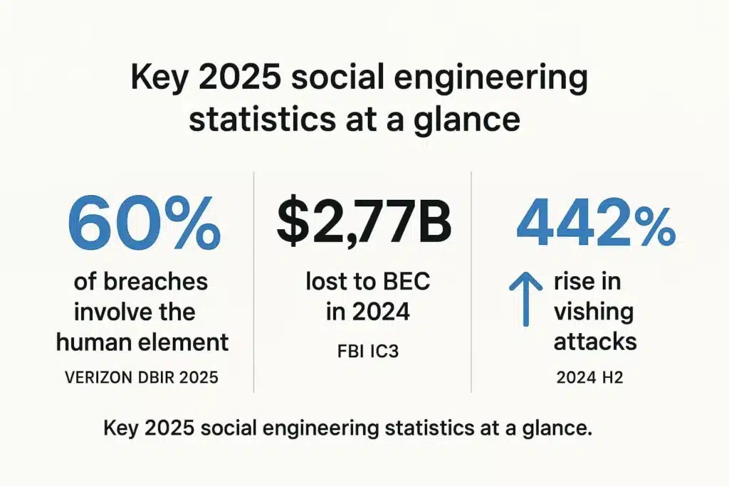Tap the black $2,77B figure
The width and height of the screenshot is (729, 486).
click(x=363, y=221)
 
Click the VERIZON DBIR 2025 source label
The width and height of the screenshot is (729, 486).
click(x=142, y=377)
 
